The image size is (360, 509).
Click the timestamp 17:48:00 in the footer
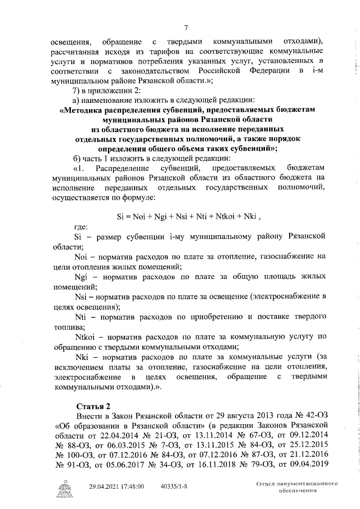(x=130, y=487)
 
